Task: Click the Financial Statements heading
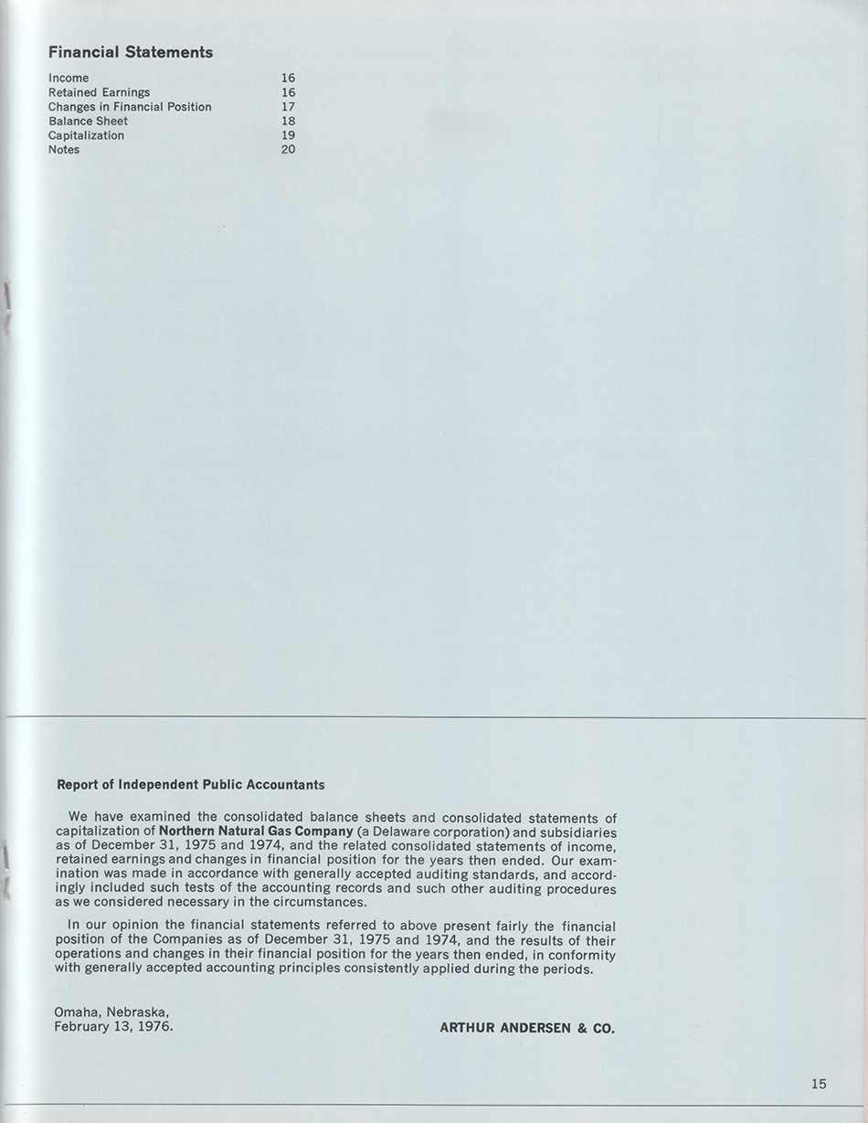pos(131,52)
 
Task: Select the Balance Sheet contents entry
pos(88,121)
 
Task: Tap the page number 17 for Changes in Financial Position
pos(289,107)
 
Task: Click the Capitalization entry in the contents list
pos(86,135)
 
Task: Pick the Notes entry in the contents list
pos(64,150)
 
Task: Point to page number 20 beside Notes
pos(289,150)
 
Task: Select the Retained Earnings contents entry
pos(99,92)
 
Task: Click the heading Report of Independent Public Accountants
pos(190,784)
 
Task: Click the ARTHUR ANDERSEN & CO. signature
pos(527,1028)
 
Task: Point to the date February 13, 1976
pos(113,1026)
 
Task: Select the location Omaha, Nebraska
pos(111,1012)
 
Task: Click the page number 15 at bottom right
pos(819,1084)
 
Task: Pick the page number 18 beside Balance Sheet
pos(289,121)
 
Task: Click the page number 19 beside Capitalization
pos(289,135)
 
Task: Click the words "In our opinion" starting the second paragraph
pos(111,926)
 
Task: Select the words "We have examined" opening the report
pos(123,817)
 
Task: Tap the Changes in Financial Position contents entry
pos(130,107)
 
